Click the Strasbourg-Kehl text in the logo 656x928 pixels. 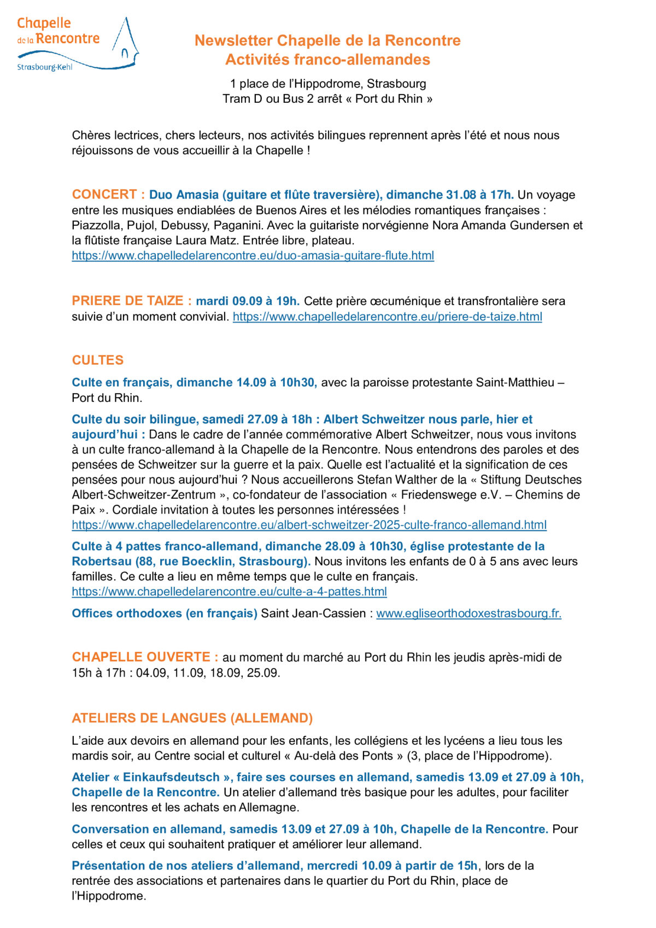44,67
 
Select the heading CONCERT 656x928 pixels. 104,195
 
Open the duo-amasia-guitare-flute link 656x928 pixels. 253,255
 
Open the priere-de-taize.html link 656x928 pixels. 387,316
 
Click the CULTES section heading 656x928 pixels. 98,360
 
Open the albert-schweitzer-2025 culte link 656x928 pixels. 309,525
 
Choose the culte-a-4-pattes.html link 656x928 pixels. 229,592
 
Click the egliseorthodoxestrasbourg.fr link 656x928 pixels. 468,614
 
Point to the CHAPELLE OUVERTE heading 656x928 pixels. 141,657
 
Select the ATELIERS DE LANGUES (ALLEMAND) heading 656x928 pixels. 192,718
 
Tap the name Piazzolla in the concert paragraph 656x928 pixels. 97,225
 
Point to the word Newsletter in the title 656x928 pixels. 233,40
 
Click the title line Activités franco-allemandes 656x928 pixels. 327,60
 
